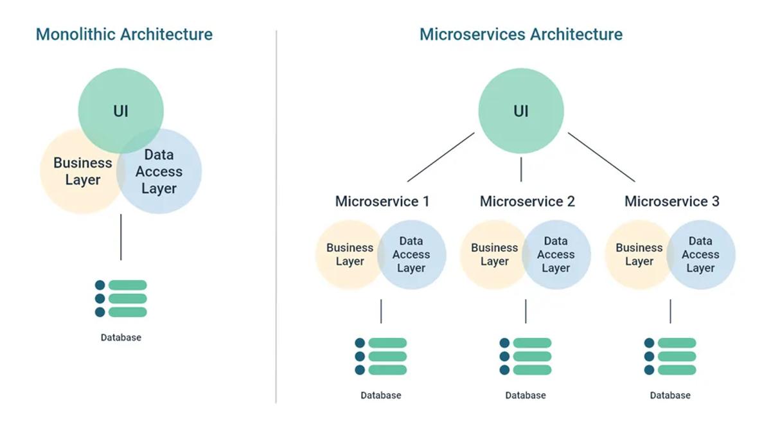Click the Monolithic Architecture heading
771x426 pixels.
tap(124, 34)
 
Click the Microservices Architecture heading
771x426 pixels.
tap(520, 34)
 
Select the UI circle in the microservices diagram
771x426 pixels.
tap(521, 111)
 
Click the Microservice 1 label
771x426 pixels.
tap(382, 201)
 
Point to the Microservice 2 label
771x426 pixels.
tap(527, 201)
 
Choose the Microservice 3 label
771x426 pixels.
tap(671, 201)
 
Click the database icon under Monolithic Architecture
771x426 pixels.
tap(121, 299)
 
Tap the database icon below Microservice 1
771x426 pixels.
tap(381, 357)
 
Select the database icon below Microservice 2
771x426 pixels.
tap(526, 357)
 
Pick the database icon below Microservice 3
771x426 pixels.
tap(670, 357)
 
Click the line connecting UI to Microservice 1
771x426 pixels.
tap(441, 157)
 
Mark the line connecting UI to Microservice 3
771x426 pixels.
tap(601, 157)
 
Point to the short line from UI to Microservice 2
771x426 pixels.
tap(521, 169)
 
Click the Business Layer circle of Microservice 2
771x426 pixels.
tap(492, 254)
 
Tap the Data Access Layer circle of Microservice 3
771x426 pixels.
tap(702, 254)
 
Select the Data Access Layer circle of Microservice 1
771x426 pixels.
tap(413, 254)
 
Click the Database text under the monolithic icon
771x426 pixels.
tap(121, 337)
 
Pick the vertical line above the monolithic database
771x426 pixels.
tap(121, 237)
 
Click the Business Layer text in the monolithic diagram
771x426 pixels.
tap(82, 171)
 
